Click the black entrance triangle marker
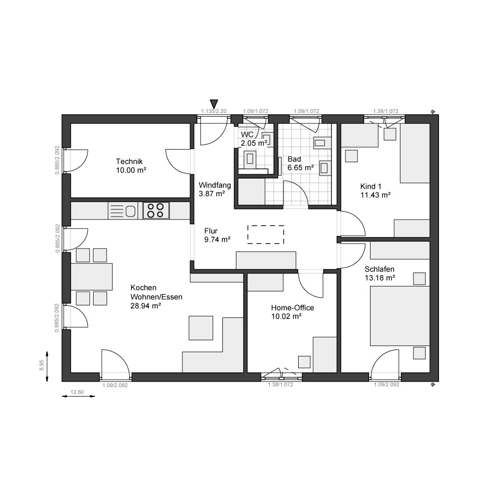point(214,104)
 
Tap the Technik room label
point(129,162)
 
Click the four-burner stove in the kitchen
point(156,210)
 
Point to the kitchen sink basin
point(130,211)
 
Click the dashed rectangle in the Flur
point(266,234)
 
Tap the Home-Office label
point(292,308)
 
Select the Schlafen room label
point(379,269)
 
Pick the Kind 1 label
point(370,186)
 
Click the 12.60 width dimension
point(77,392)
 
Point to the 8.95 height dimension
point(41,366)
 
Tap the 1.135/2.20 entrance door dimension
point(214,111)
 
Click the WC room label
point(247,135)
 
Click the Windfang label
point(215,185)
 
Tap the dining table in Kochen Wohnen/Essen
point(91,276)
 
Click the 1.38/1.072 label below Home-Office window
point(280,384)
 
